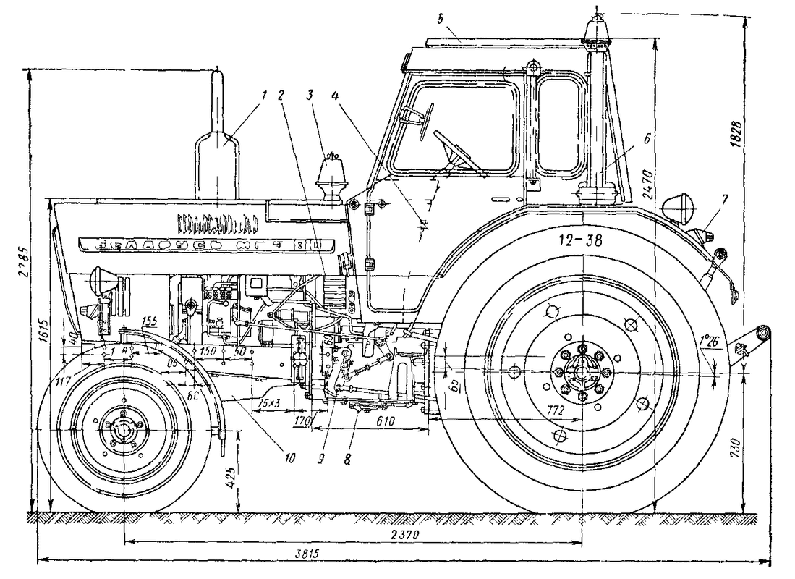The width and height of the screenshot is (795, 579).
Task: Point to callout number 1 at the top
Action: tap(265, 94)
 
